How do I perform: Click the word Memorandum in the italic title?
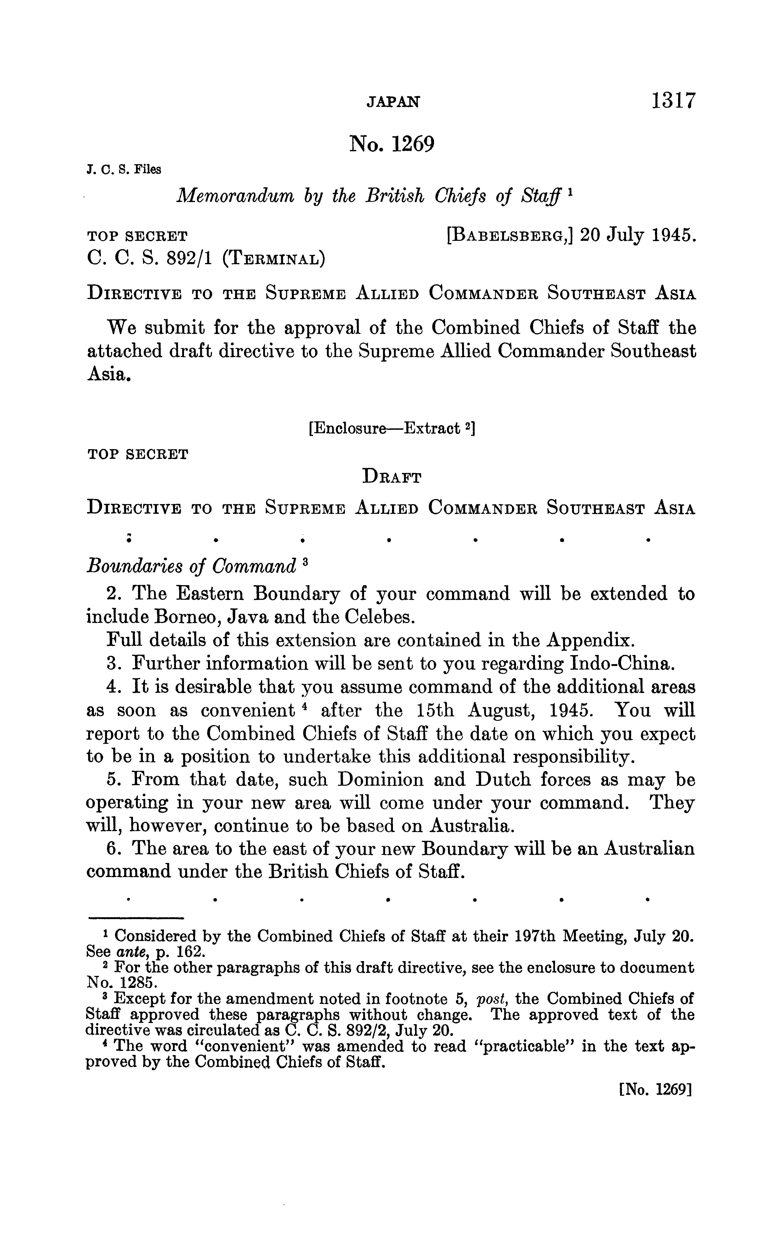tap(235, 196)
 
